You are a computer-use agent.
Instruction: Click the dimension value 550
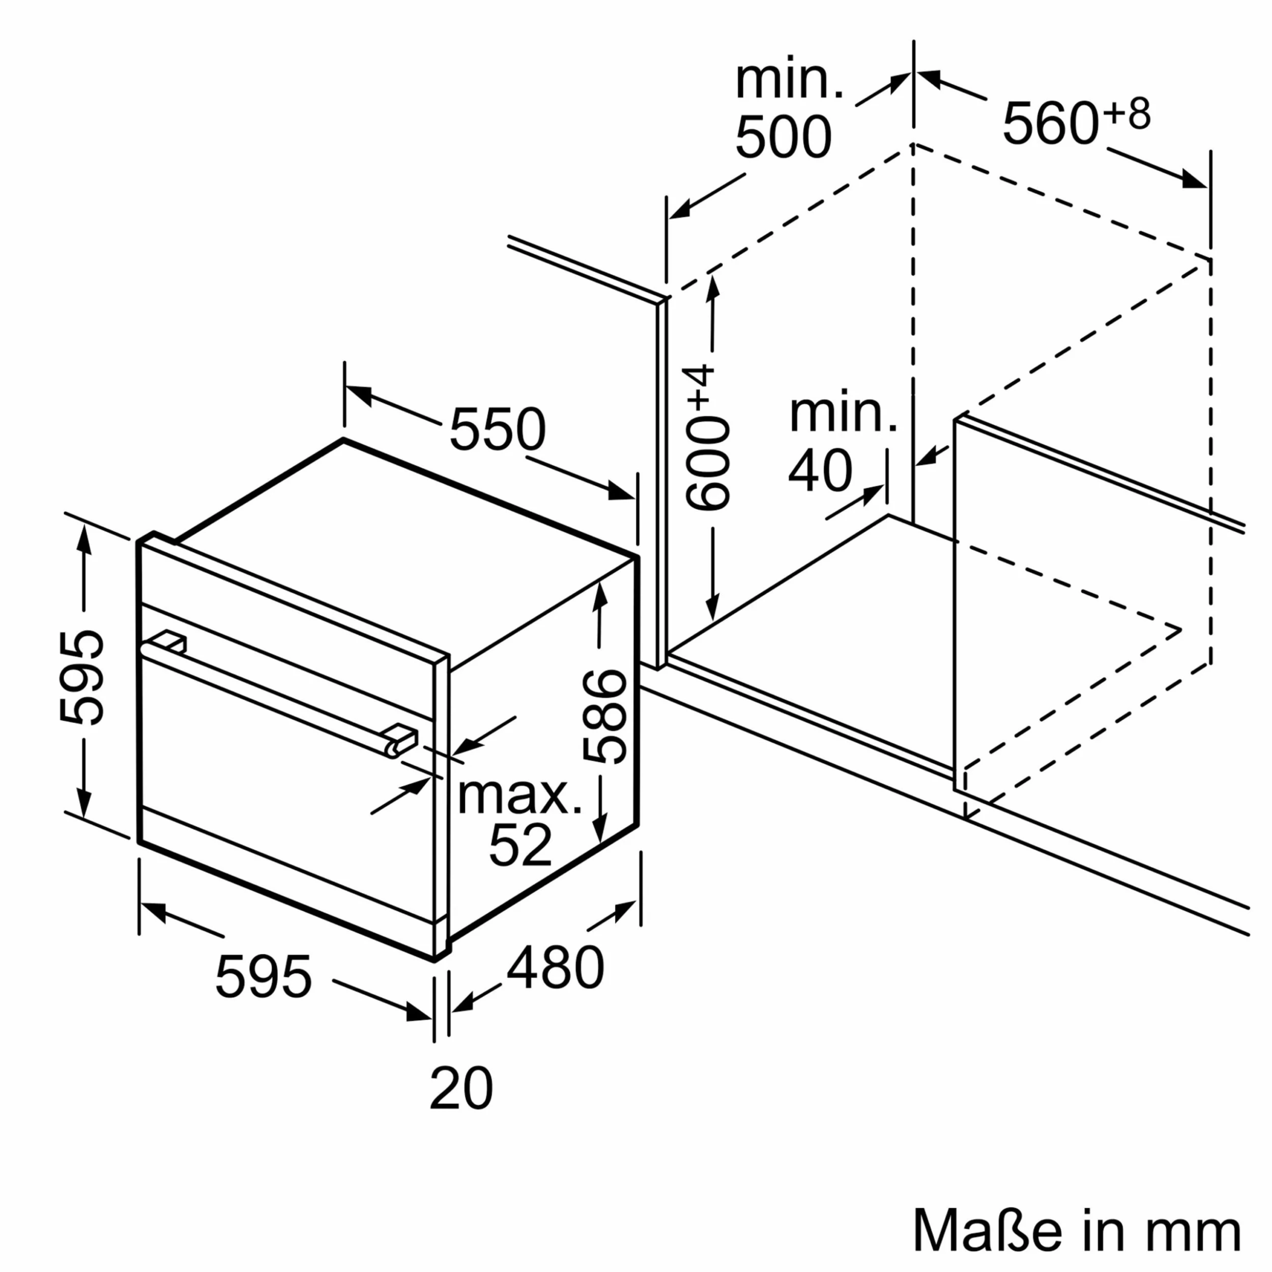pyautogui.click(x=497, y=429)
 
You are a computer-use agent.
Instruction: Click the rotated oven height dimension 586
pyautogui.click(x=604, y=716)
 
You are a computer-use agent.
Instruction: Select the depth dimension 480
pyautogui.click(x=555, y=968)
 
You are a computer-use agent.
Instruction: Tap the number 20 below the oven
pyautogui.click(x=461, y=1089)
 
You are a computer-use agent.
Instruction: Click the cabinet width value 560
pyautogui.click(x=1050, y=124)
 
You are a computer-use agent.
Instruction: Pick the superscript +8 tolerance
pyautogui.click(x=1127, y=114)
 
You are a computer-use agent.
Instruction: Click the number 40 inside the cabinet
pyautogui.click(x=820, y=472)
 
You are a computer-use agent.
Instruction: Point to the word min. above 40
pyautogui.click(x=843, y=414)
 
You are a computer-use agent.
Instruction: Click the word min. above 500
pyautogui.click(x=789, y=81)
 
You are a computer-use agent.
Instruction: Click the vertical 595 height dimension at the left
pyautogui.click(x=81, y=678)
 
